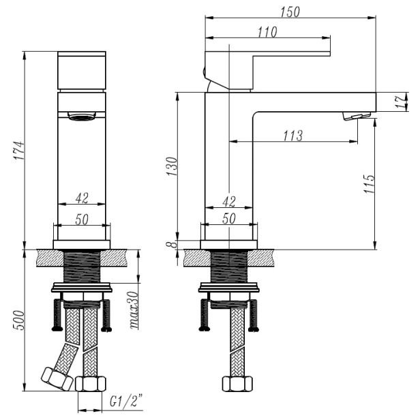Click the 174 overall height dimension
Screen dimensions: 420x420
click(20, 150)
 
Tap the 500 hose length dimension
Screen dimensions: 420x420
click(20, 320)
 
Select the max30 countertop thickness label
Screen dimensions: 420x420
click(134, 310)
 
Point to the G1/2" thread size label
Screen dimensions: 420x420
click(126, 401)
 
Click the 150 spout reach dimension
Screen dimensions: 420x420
click(290, 12)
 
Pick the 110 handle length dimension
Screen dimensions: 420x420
click(267, 32)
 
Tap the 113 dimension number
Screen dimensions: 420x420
click(293, 135)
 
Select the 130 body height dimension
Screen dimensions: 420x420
click(172, 166)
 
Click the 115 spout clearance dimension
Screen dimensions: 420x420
click(369, 184)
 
